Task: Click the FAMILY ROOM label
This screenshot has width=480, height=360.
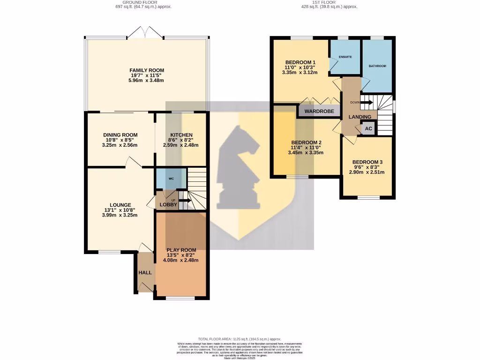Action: coord(147,70)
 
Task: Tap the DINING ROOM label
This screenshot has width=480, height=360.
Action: coord(120,135)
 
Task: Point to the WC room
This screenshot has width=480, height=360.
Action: coord(171,179)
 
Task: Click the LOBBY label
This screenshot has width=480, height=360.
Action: coord(168,205)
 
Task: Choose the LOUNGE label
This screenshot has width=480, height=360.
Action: coord(120,205)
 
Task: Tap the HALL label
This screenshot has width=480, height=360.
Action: coord(144,272)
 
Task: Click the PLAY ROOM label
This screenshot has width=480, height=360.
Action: coord(181,250)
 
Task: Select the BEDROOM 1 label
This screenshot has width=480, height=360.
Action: coord(300,62)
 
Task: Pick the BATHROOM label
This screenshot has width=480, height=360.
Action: coord(377,66)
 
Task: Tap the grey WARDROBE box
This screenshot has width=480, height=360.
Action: coord(319,112)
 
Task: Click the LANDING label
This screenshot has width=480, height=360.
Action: coord(360,117)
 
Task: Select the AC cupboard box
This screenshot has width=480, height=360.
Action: coord(368,128)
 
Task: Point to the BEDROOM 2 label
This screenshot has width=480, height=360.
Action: coord(306,143)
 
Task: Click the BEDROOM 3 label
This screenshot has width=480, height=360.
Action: coord(367,162)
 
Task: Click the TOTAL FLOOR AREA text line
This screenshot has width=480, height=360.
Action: coord(240,339)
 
